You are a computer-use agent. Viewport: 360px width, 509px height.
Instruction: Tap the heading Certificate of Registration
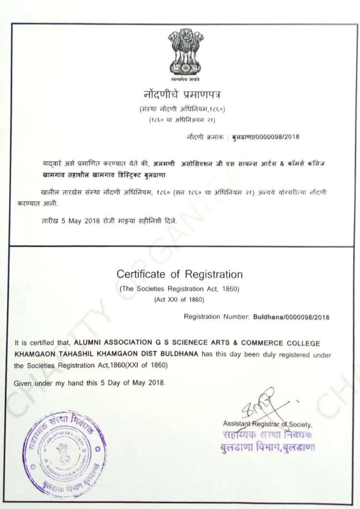tap(179, 275)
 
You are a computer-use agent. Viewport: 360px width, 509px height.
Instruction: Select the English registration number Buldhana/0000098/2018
tap(291, 317)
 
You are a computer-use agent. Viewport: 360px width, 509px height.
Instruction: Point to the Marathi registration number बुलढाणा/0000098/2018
tap(265, 137)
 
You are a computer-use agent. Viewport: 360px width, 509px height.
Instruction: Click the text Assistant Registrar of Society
tap(267, 424)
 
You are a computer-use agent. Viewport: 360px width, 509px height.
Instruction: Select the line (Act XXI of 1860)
tap(179, 300)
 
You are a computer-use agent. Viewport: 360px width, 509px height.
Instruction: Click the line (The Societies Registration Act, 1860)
tap(179, 289)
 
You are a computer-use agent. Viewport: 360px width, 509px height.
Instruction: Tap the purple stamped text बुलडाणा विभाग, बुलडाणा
tap(267, 448)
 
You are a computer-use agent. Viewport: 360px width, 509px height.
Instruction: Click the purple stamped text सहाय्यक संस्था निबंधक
tap(267, 436)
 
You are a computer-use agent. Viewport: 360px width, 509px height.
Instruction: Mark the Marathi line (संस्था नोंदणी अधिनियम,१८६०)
tap(182, 110)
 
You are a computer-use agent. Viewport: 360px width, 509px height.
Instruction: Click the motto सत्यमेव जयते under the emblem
tap(185, 77)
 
